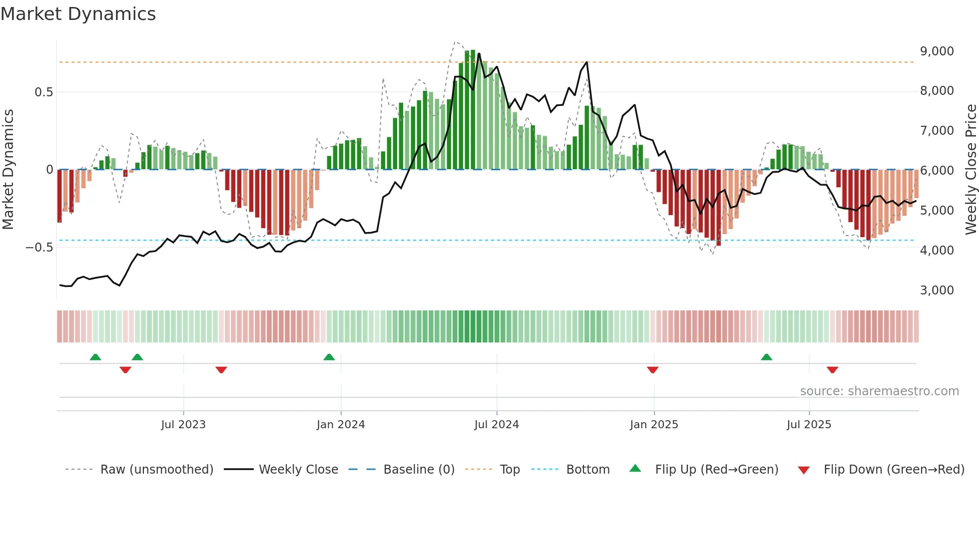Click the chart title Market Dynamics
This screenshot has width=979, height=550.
(x=78, y=14)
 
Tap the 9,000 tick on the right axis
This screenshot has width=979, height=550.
(x=937, y=51)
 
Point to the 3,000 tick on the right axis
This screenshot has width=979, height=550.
(x=937, y=290)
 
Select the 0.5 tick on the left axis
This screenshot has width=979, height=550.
(x=43, y=92)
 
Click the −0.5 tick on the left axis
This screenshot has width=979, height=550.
(x=39, y=248)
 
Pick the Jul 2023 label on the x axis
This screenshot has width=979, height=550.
(x=183, y=425)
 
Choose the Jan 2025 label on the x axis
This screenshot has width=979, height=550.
(x=654, y=425)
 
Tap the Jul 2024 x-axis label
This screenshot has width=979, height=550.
(x=496, y=425)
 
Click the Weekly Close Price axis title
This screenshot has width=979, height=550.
(x=971, y=169)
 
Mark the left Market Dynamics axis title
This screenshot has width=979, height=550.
(x=8, y=169)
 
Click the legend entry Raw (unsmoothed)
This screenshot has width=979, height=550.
(x=156, y=470)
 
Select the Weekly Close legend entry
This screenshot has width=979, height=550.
(x=298, y=470)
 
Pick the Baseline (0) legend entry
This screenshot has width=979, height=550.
(x=419, y=470)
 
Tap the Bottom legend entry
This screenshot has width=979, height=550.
(x=587, y=470)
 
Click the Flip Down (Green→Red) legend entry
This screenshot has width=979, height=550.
(x=894, y=470)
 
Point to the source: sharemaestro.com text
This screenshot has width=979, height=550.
(x=879, y=391)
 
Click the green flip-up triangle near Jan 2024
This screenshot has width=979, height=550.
(x=329, y=357)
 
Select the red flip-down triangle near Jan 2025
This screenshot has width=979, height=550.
(x=652, y=369)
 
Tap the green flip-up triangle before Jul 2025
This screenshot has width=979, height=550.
(x=766, y=357)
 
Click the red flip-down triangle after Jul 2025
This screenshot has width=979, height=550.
(x=832, y=369)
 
